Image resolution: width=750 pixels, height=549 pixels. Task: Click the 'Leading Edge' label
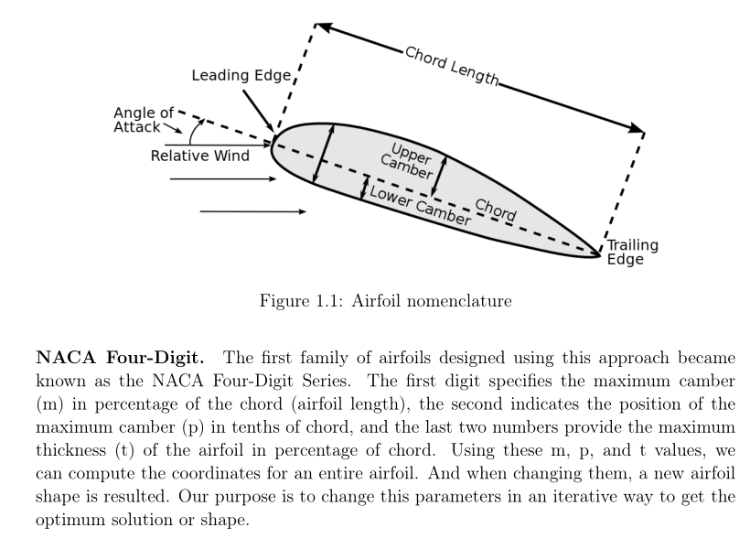(x=240, y=75)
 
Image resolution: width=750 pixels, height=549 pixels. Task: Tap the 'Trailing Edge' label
(x=632, y=252)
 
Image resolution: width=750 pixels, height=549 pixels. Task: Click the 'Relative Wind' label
(x=199, y=156)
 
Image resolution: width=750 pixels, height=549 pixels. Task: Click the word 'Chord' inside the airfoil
(x=496, y=210)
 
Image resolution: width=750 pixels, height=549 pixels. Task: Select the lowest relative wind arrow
(x=252, y=211)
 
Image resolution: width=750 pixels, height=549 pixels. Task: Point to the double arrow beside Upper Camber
(x=439, y=174)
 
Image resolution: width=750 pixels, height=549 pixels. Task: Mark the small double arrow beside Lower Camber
(x=365, y=188)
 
